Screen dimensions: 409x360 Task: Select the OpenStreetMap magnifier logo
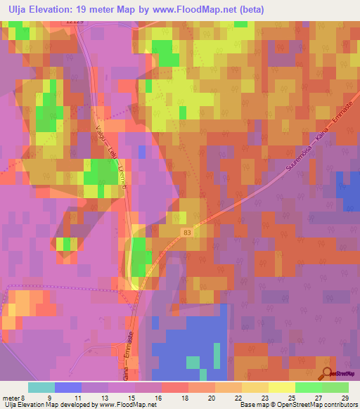pos(326,375)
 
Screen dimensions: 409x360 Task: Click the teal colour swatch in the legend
pos(41,387)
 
